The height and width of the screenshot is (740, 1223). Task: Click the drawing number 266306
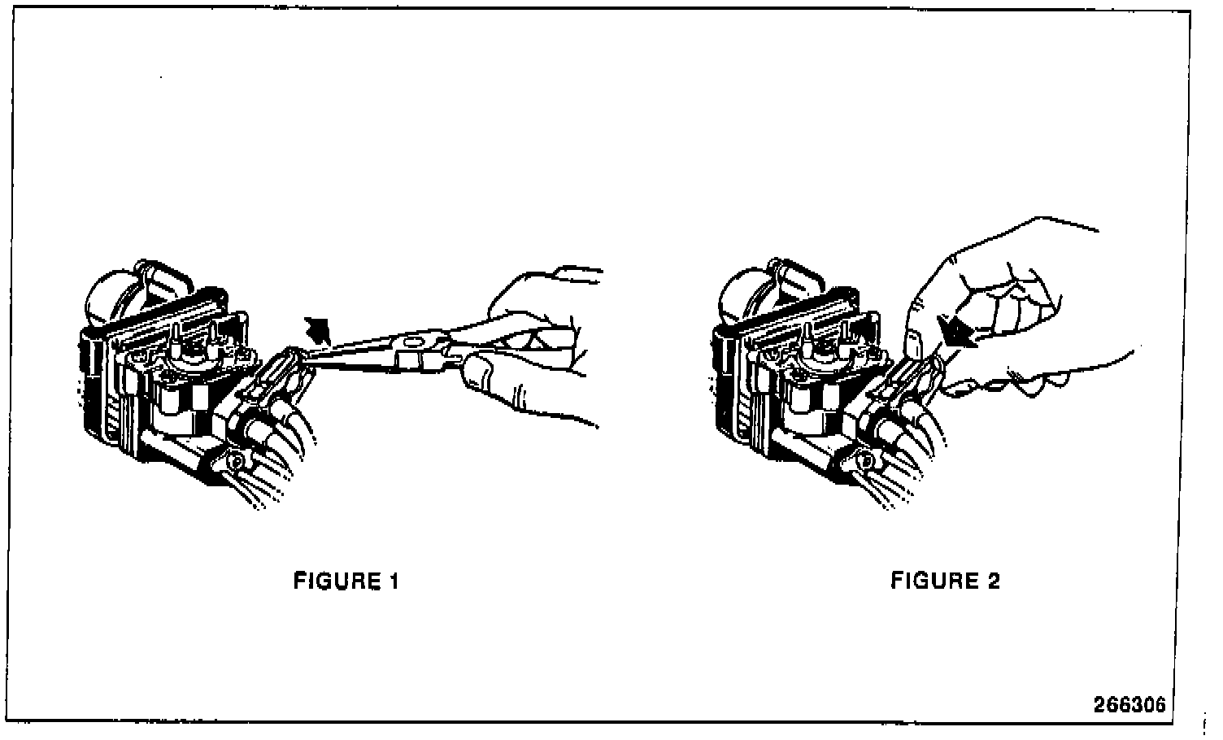click(1129, 704)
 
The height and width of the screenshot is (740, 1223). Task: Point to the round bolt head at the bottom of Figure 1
click(236, 461)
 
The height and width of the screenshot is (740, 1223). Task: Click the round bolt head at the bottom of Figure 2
click(868, 461)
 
